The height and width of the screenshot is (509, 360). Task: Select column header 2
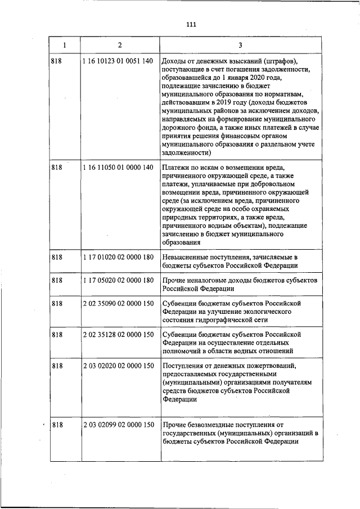tap(119, 44)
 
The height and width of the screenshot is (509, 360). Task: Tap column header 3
tap(240, 44)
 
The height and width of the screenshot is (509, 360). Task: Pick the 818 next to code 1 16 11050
tap(56, 168)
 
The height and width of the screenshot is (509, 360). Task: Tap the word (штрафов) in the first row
tap(277, 61)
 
